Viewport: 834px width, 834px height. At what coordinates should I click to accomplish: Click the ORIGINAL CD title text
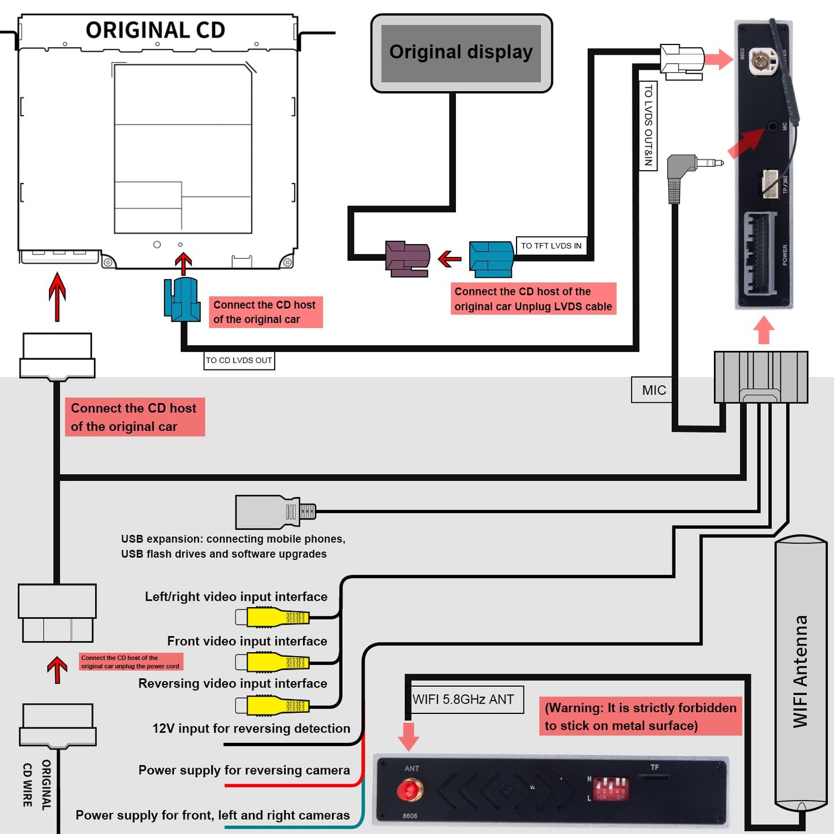[x=155, y=30]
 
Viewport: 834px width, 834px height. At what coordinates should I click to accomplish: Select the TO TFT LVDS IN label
[x=551, y=246]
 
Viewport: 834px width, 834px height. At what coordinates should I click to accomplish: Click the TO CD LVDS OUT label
[x=239, y=360]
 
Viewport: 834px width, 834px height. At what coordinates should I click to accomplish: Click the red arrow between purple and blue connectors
[x=450, y=259]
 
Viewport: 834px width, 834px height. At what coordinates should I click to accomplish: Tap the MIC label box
[x=653, y=390]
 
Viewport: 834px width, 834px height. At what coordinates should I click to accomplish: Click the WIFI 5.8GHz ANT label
[x=464, y=700]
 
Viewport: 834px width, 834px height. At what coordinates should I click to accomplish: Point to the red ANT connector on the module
[x=410, y=790]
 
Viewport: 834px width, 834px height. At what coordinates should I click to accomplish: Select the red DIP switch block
[x=611, y=787]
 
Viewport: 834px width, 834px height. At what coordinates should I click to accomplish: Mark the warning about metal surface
[x=640, y=716]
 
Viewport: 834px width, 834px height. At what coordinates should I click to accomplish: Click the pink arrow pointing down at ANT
[x=409, y=736]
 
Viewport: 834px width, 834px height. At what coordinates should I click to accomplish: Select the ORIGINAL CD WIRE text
[x=36, y=784]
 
